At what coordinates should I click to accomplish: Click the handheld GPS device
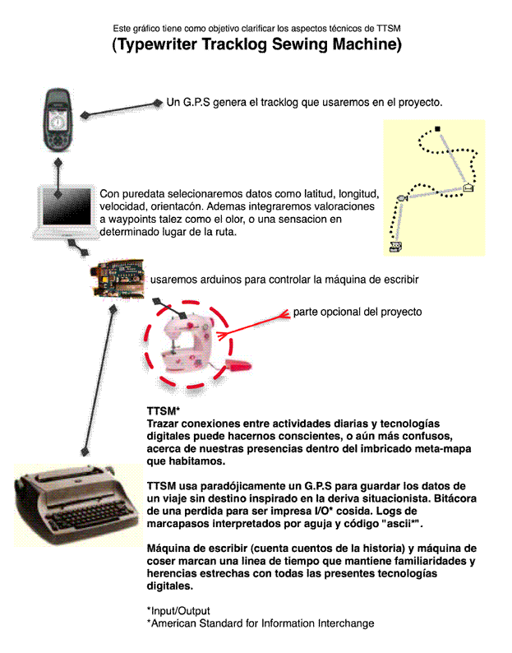point(58,119)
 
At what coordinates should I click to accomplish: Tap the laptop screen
point(67,206)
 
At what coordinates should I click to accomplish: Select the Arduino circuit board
point(118,278)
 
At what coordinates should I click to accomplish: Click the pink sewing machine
point(187,344)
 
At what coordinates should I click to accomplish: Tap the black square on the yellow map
point(437,129)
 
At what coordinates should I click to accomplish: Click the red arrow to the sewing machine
point(253,325)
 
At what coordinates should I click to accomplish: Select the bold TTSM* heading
point(164,411)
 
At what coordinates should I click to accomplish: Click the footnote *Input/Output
point(178,611)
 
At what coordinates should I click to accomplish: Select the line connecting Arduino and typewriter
point(99,381)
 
